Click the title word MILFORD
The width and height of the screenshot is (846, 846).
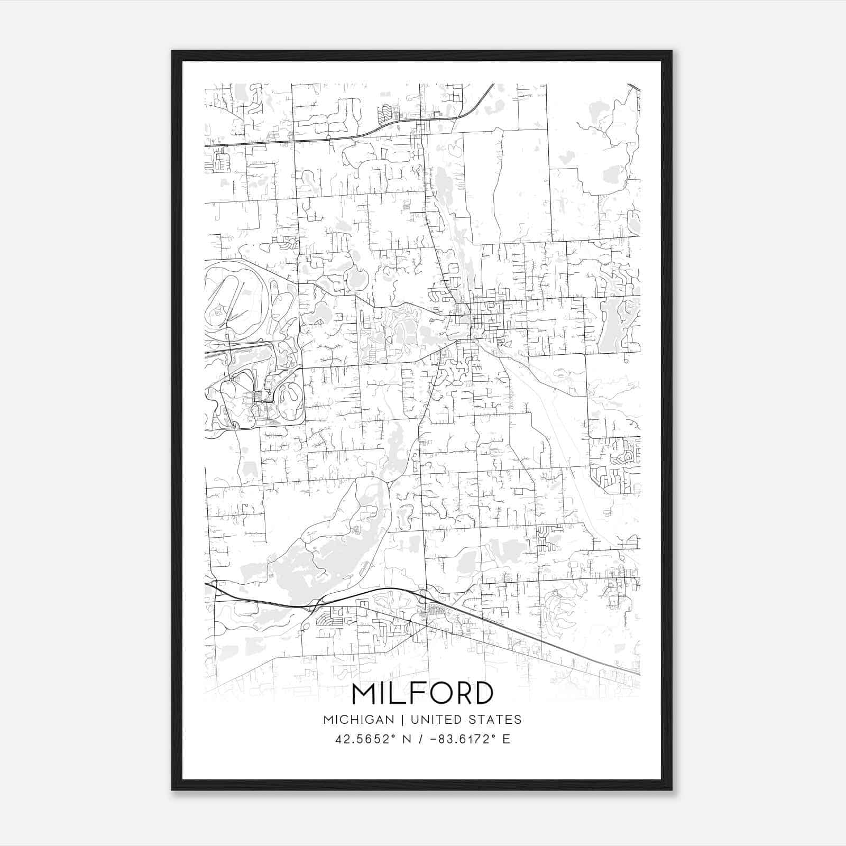(422, 694)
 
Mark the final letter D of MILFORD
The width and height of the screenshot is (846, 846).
(482, 694)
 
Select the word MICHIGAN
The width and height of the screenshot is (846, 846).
(358, 720)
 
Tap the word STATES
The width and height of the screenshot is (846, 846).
(495, 720)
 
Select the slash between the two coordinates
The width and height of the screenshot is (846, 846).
(421, 739)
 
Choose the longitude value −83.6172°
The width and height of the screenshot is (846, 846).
(463, 739)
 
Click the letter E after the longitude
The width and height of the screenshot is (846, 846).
(507, 739)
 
